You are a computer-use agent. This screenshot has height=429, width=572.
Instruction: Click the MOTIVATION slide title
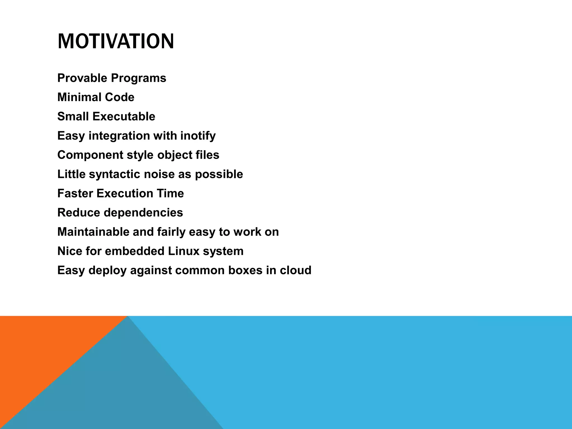116,41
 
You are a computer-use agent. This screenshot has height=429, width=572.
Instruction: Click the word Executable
124,116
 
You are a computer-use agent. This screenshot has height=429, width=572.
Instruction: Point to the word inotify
198,136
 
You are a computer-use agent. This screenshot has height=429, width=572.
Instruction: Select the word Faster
75,193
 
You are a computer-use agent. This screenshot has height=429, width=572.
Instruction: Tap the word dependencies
143,213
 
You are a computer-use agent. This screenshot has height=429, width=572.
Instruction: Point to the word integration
119,136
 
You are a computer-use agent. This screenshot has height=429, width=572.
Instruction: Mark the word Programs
139,78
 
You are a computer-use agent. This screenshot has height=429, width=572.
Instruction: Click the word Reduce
79,213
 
